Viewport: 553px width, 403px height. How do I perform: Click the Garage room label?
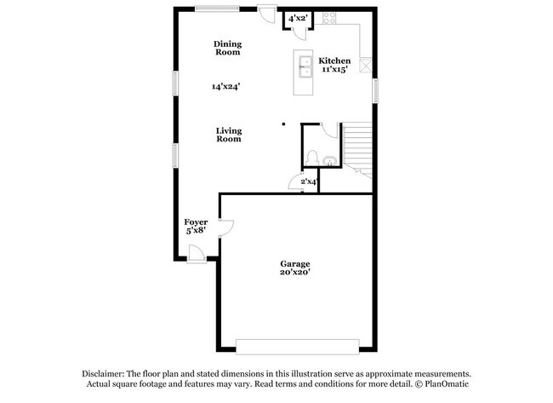click(295, 264)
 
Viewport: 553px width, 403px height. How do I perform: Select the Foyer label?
click(196, 222)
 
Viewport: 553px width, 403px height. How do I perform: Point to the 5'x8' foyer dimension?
click(196, 231)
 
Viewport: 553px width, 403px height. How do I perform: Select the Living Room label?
click(228, 135)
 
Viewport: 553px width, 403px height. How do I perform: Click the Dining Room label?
click(227, 48)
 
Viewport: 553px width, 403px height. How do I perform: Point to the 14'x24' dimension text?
click(226, 86)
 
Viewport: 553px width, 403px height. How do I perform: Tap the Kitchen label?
click(334, 60)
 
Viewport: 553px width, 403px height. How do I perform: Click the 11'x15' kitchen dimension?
click(334, 70)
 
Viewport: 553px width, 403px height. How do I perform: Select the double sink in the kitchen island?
click(303, 64)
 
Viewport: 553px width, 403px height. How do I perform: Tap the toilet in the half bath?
click(312, 158)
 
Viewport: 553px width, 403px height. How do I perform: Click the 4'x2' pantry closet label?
click(298, 18)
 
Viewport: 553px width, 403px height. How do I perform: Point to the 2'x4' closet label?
click(308, 181)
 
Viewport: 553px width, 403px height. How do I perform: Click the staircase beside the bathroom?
click(357, 147)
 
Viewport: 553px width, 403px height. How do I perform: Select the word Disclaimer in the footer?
click(103, 374)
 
